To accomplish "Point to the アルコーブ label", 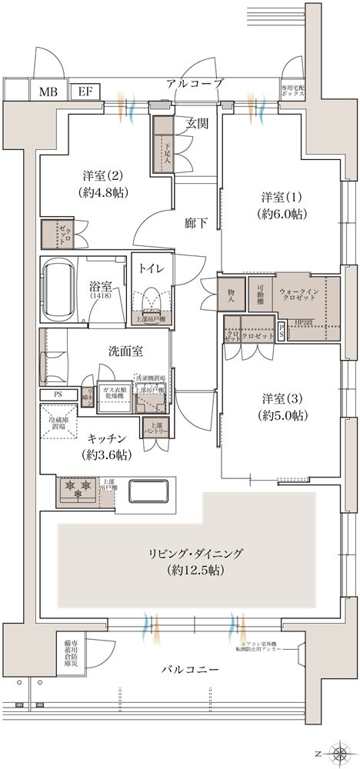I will (x=194, y=83).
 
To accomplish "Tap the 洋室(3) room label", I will (x=284, y=407).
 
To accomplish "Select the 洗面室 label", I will (x=125, y=351).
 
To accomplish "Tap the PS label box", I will (x=58, y=394).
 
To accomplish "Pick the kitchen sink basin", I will (x=150, y=491).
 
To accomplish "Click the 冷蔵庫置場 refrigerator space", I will (x=58, y=427).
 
